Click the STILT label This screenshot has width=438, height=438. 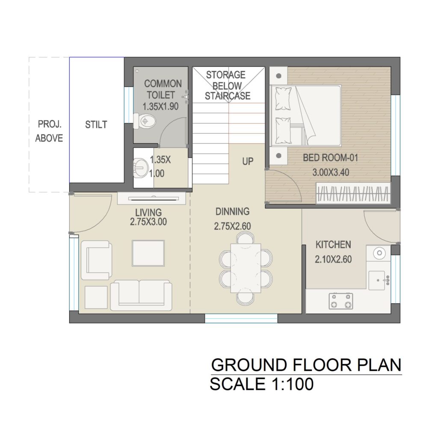(x=96, y=124)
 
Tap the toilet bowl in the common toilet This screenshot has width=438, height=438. (x=144, y=121)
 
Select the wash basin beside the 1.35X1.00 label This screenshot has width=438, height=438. (x=141, y=168)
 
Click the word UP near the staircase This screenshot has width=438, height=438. (x=248, y=161)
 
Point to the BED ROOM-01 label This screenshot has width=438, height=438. (x=331, y=158)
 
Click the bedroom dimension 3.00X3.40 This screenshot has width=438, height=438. (x=331, y=172)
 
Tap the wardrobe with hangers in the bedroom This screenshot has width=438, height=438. (x=353, y=193)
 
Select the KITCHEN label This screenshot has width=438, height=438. (x=333, y=245)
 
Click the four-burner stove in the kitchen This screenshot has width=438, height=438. (x=341, y=301)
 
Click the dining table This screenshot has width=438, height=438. (x=246, y=268)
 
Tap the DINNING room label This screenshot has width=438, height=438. (x=232, y=211)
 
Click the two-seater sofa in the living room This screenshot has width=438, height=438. (x=141, y=296)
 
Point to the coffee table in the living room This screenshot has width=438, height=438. (x=148, y=253)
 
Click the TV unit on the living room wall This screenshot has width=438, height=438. (x=151, y=198)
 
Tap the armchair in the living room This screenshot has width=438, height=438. (x=96, y=260)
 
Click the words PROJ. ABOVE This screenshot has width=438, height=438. (x=49, y=131)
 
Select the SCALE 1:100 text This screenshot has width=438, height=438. (x=262, y=384)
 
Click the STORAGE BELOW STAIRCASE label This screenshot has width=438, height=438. (x=228, y=85)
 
